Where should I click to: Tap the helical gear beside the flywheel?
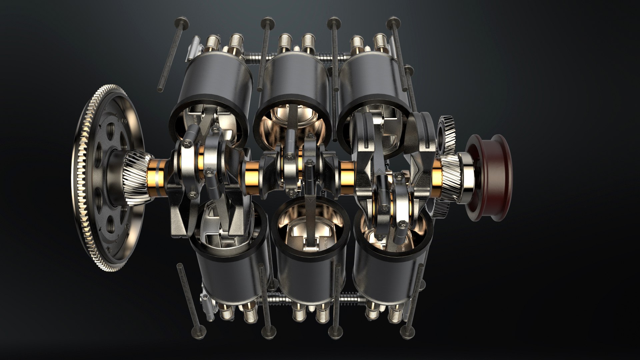136,175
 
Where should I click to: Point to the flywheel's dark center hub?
115,173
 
